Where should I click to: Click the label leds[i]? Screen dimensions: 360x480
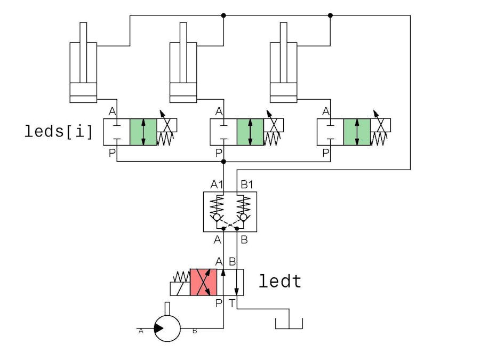[x=59, y=131]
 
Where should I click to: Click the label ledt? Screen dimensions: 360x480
[x=280, y=281]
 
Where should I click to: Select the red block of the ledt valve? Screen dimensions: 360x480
[x=203, y=282]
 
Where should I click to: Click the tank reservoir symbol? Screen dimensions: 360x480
[x=289, y=323]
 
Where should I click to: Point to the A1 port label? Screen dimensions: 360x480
[x=217, y=185]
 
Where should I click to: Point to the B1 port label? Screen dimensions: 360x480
[x=247, y=185]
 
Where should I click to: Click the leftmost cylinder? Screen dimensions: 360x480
[x=83, y=72]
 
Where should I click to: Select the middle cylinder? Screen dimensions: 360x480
[x=183, y=72]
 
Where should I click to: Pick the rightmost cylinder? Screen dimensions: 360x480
[x=284, y=72]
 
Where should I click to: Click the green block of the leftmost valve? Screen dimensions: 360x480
[x=143, y=132]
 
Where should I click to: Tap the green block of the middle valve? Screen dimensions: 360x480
[x=250, y=132]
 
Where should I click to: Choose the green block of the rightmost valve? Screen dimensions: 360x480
[x=357, y=132]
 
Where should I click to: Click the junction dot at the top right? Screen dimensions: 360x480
[x=330, y=15]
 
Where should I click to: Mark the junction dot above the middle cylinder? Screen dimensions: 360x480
[x=223, y=15]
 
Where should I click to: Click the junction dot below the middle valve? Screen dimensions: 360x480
[x=223, y=161]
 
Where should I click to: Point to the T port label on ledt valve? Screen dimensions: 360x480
[x=233, y=303]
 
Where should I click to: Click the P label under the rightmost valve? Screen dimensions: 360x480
[x=326, y=153]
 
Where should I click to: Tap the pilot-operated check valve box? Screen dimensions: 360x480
[x=230, y=212]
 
